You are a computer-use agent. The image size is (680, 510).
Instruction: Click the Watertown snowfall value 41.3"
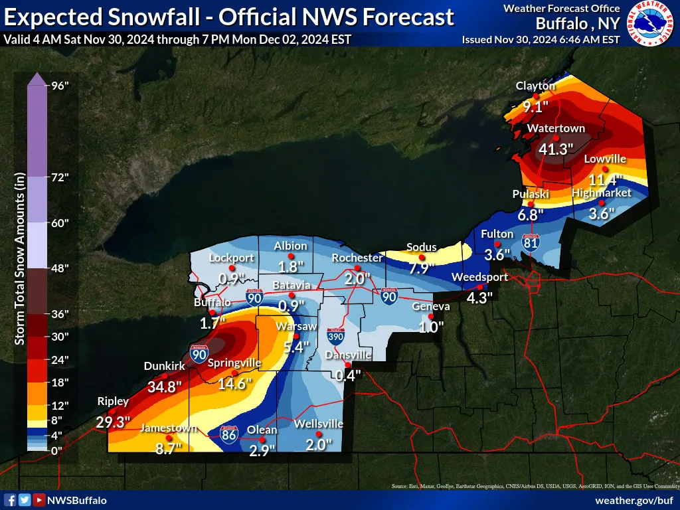click(x=555, y=149)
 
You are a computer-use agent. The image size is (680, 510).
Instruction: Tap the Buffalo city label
click(x=212, y=302)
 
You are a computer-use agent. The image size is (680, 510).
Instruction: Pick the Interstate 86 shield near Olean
click(x=228, y=435)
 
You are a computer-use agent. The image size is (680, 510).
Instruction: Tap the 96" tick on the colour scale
click(x=60, y=85)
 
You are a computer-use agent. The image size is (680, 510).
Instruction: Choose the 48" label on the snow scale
click(x=60, y=268)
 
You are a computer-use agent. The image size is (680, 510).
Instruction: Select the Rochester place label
click(x=357, y=258)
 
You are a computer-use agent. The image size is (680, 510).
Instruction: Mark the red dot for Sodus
click(x=422, y=257)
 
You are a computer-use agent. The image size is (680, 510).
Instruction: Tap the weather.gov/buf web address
click(x=636, y=500)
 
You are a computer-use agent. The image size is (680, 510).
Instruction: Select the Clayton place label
click(x=535, y=86)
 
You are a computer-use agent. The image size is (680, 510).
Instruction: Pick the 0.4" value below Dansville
click(x=347, y=375)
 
